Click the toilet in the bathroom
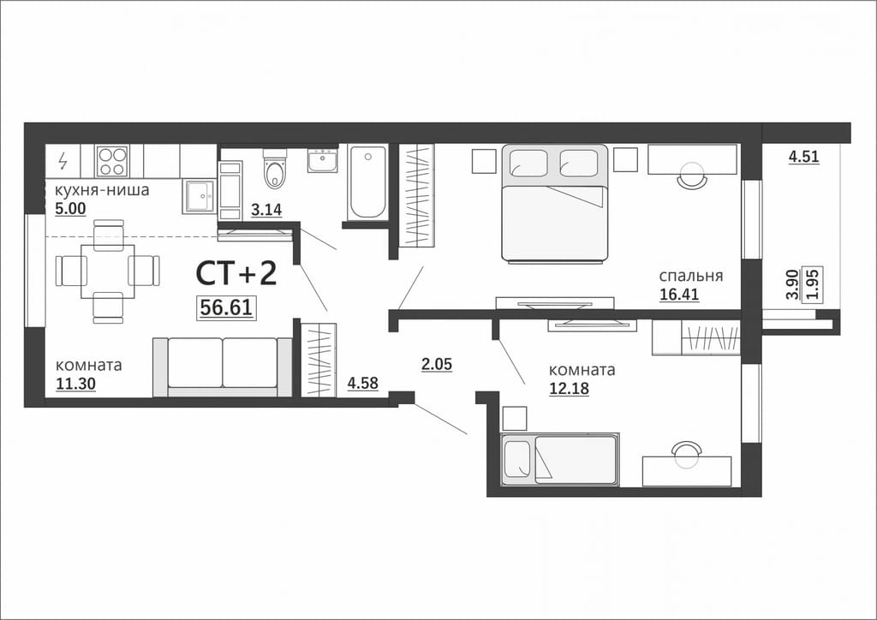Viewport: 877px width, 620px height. (x=275, y=168)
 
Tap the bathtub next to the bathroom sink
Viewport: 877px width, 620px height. (x=367, y=182)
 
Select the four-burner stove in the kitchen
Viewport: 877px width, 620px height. (x=112, y=161)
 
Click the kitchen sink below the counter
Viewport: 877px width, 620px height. (x=199, y=196)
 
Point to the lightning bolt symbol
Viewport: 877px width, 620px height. (x=63, y=161)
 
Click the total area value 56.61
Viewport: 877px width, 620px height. (x=226, y=307)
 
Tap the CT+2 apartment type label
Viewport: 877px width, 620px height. (x=236, y=274)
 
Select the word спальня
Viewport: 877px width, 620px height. (x=691, y=277)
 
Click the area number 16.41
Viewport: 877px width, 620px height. (x=679, y=294)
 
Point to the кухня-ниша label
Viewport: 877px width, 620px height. (x=102, y=191)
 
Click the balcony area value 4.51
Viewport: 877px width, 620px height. (x=803, y=157)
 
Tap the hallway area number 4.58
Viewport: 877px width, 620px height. (x=363, y=384)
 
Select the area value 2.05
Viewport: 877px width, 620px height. (x=437, y=365)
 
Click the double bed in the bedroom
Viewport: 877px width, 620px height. (x=554, y=203)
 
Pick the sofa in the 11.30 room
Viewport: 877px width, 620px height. (x=223, y=367)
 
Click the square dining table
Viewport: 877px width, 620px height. (x=108, y=271)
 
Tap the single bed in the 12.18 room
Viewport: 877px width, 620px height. (x=560, y=459)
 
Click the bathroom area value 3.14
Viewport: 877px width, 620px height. (x=266, y=210)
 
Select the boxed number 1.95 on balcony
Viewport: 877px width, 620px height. (x=814, y=284)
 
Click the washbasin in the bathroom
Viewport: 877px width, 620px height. (x=323, y=159)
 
